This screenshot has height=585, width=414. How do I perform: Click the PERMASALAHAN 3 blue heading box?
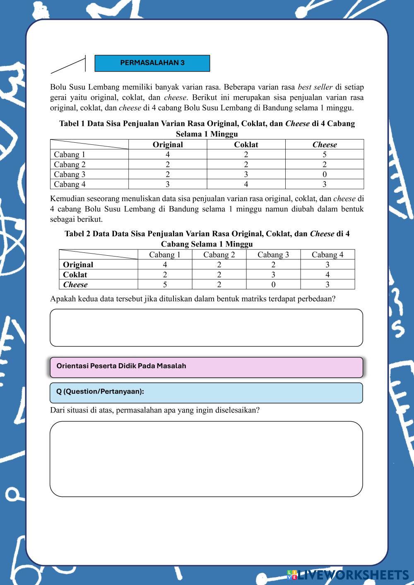click(152, 63)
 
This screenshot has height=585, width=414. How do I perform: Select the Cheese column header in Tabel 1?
click(324, 144)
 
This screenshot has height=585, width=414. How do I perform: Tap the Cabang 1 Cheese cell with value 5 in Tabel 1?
click(324, 154)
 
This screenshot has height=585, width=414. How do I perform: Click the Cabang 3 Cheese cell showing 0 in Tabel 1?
click(324, 174)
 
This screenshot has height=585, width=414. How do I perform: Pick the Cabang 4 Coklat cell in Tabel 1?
click(246, 184)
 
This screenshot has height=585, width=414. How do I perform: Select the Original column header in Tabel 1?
click(168, 144)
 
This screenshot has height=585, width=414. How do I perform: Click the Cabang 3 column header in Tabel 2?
click(273, 254)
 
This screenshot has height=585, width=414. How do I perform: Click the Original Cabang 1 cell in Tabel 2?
click(165, 264)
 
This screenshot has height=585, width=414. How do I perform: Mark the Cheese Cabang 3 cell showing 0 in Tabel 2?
click(273, 284)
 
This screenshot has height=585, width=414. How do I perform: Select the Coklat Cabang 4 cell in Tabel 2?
click(327, 274)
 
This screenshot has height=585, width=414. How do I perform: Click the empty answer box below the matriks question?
click(206, 327)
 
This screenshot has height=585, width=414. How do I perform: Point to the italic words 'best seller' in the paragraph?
click(315, 87)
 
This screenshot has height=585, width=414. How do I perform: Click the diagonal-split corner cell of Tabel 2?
click(98, 254)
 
